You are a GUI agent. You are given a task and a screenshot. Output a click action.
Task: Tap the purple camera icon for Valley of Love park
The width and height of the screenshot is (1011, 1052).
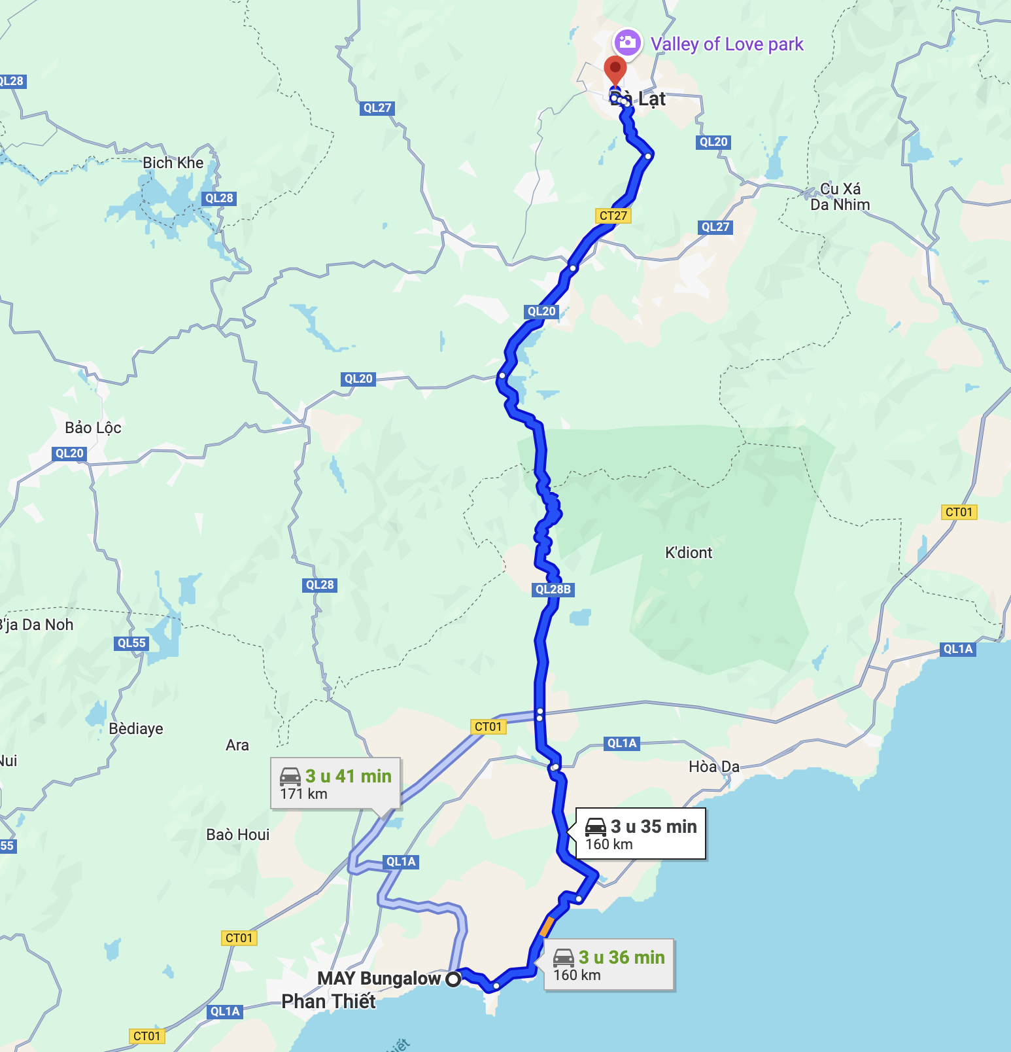click(627, 43)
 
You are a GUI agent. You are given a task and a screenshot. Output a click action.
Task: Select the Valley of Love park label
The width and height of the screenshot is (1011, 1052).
click(727, 44)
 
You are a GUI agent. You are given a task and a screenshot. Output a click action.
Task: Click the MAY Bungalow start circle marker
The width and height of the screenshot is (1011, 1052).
click(453, 979)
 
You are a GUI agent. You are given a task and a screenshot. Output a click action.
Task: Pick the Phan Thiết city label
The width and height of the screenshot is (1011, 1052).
click(328, 1001)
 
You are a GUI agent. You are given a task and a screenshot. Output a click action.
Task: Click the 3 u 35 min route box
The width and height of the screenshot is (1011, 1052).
click(640, 833)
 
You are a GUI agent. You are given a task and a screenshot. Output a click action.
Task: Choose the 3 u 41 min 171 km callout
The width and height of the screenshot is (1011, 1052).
click(335, 784)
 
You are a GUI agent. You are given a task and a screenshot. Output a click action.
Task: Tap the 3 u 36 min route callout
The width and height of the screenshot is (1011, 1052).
click(609, 965)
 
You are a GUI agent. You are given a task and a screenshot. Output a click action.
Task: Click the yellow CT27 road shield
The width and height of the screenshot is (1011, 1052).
click(613, 216)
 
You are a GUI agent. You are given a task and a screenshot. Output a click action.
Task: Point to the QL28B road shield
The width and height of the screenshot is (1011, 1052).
click(553, 589)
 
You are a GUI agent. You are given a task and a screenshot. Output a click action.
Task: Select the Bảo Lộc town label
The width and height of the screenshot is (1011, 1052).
click(93, 428)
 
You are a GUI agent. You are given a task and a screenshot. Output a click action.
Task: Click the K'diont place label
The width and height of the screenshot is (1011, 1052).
click(688, 553)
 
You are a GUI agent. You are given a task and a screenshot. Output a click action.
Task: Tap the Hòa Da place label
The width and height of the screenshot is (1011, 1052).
click(713, 767)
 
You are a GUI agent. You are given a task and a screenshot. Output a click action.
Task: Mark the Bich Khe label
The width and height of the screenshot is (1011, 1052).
click(173, 163)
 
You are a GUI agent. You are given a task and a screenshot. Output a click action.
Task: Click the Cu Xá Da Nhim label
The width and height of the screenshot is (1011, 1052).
click(840, 197)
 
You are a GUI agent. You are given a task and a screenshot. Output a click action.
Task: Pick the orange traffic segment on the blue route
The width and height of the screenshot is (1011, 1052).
click(547, 926)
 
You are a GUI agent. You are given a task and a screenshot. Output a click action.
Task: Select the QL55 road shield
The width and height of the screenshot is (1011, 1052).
click(131, 643)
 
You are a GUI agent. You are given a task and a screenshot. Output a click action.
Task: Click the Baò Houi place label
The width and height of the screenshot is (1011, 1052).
click(237, 835)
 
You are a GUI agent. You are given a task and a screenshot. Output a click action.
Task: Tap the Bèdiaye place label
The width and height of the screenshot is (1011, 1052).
click(136, 729)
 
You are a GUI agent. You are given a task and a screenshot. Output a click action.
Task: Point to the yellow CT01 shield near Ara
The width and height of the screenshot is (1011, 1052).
click(488, 727)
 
